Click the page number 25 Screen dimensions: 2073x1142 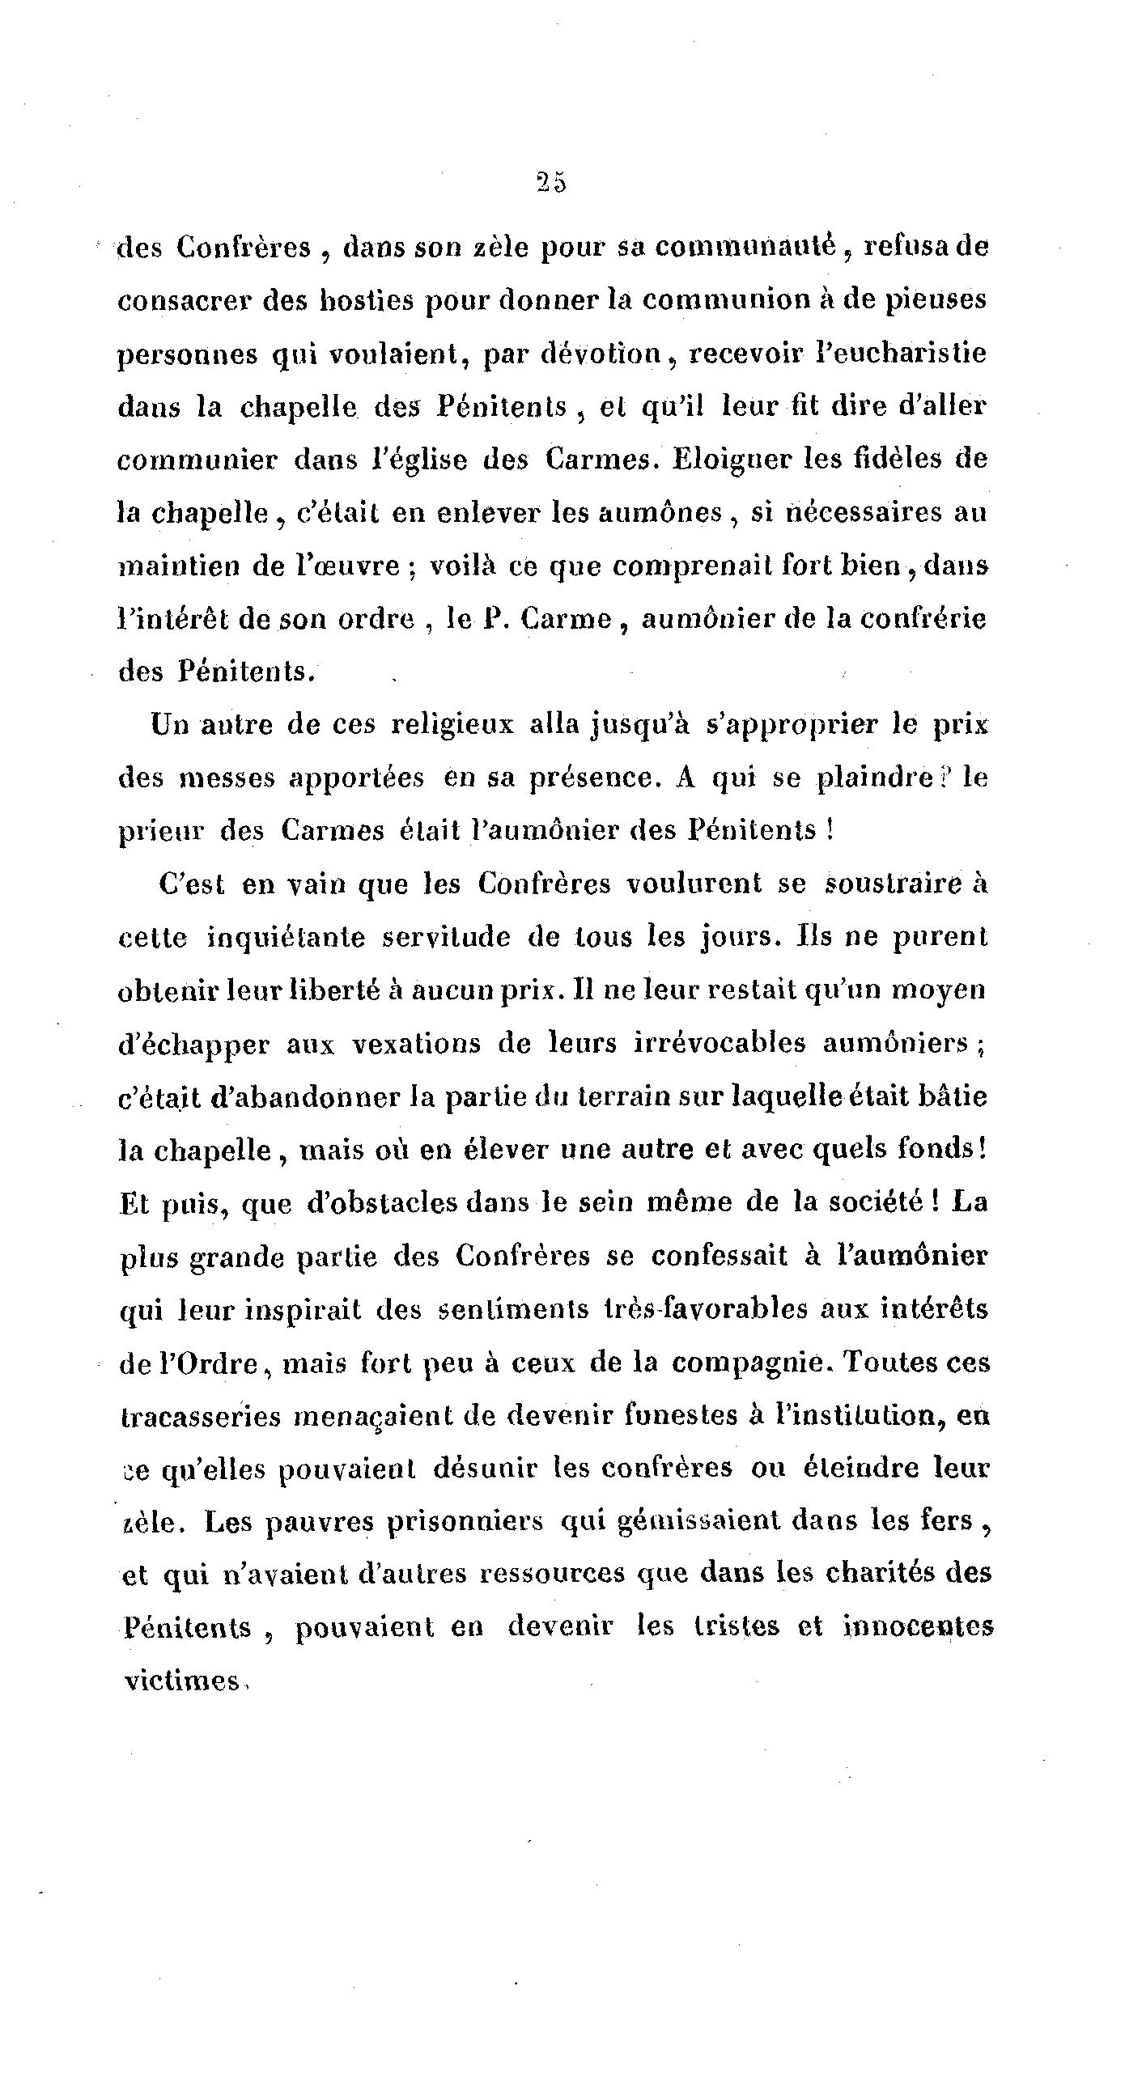pos(550,184)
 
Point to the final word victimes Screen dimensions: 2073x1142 pos(181,1681)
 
